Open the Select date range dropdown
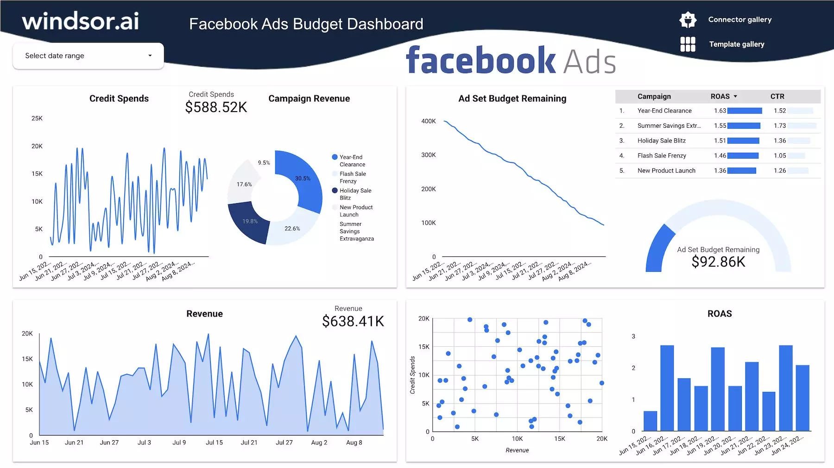tap(88, 56)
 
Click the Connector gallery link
tap(739, 19)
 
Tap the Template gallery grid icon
tap(688, 44)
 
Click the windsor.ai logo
tap(81, 21)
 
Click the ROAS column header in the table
tap(720, 96)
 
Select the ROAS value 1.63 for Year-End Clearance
tap(720, 111)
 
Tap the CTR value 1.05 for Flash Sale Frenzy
tap(780, 156)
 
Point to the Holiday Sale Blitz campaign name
tap(661, 141)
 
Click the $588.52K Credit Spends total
tap(216, 107)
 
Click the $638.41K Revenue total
tap(353, 321)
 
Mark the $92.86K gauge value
tap(718, 262)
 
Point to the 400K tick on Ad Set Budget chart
tap(428, 121)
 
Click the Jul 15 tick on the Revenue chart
tap(214, 443)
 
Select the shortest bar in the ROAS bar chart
tap(650, 421)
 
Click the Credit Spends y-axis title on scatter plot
tap(412, 375)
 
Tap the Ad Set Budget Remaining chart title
tap(512, 99)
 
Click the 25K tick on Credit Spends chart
tap(37, 119)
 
